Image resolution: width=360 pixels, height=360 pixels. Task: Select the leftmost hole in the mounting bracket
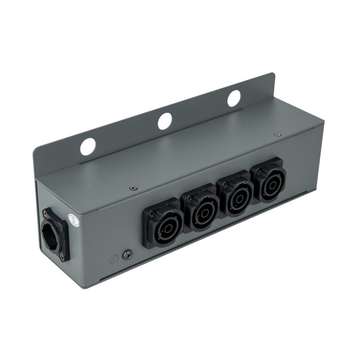coord(88,147)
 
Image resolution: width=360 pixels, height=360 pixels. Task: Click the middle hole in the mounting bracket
coord(165,121)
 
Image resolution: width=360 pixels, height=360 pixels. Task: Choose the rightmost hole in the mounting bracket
coord(234,98)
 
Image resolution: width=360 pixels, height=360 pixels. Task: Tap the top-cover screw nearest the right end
coord(277,134)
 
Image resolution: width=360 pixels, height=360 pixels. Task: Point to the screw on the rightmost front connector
coord(259,171)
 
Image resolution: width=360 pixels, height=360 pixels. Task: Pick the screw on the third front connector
coord(224,184)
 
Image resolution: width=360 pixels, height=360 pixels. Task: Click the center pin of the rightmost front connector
coord(270,186)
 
